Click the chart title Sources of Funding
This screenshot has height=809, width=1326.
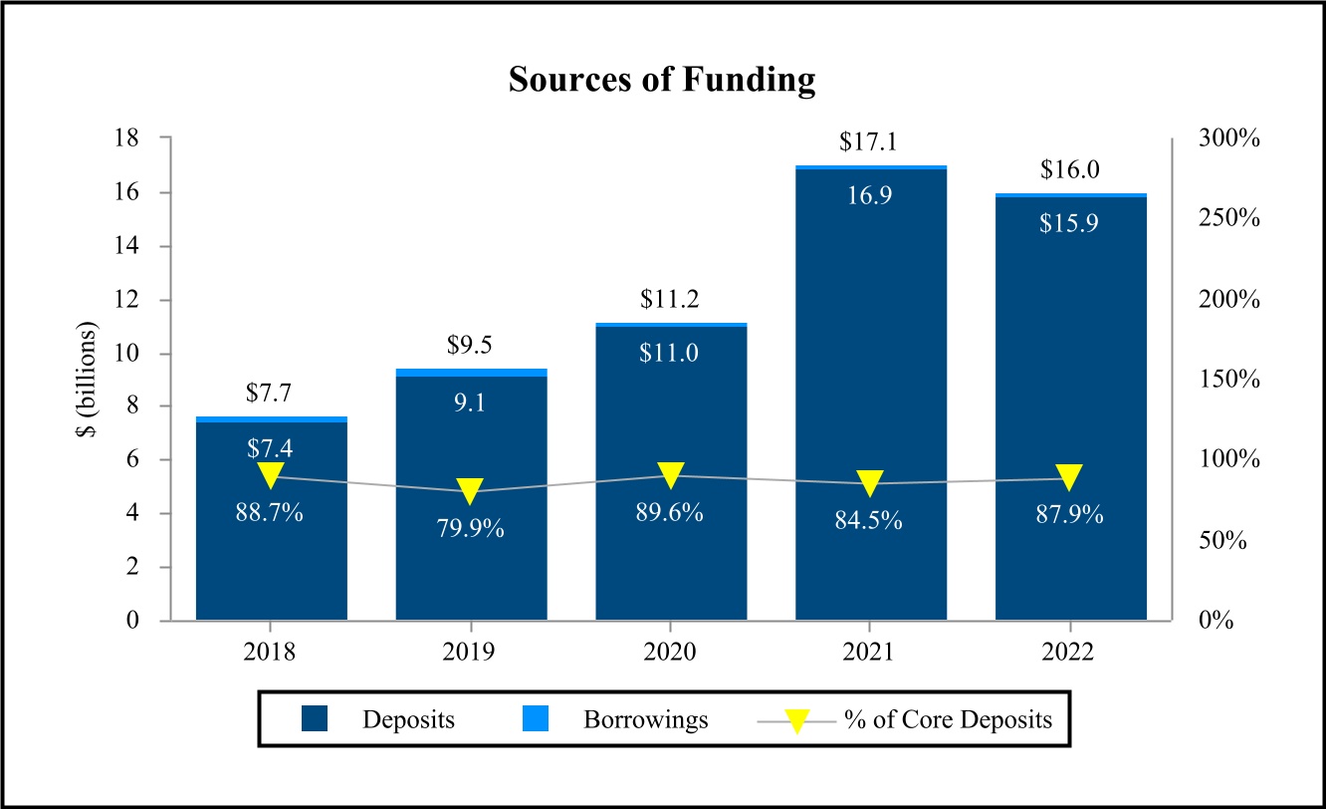click(x=662, y=80)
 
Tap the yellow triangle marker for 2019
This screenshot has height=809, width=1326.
click(x=471, y=490)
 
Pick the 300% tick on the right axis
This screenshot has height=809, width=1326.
click(x=1228, y=138)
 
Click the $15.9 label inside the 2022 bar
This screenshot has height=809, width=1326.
click(x=1070, y=223)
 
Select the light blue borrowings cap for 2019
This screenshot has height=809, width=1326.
click(x=471, y=373)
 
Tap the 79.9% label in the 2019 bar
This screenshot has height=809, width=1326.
click(x=471, y=529)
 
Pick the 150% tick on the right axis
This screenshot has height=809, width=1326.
click(x=1228, y=380)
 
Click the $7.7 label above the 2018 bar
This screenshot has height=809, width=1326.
click(x=271, y=392)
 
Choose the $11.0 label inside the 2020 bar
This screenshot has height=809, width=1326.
click(x=670, y=352)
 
